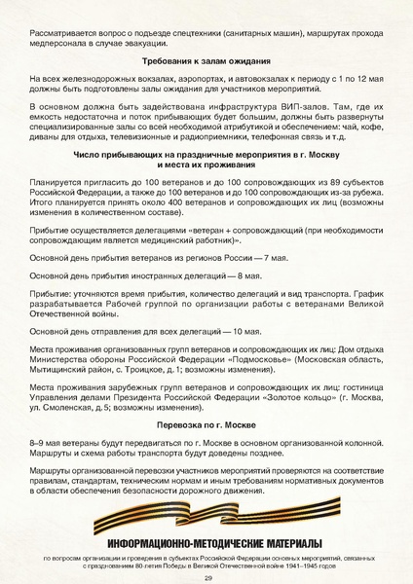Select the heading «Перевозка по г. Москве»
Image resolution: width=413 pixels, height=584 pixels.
coord(206,424)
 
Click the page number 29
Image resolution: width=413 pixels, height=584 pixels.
coord(206,577)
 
